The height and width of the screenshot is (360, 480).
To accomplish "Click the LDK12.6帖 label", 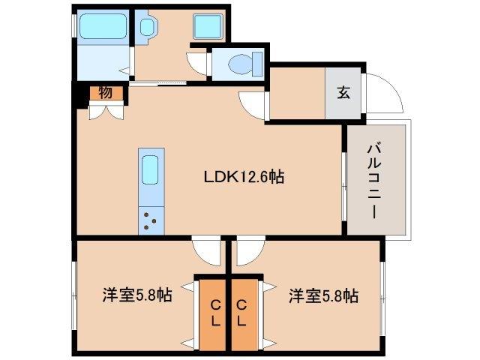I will pos(243,178).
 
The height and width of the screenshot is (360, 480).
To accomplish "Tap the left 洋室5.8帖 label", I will pos(137,295).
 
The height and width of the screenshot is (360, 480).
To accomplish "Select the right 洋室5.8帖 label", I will pos(323,295).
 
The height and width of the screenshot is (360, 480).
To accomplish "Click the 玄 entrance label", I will pos(343,93).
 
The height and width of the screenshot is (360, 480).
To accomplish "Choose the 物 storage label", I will pos(104,93).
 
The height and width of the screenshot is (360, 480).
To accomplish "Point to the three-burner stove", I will pos(149,220).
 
